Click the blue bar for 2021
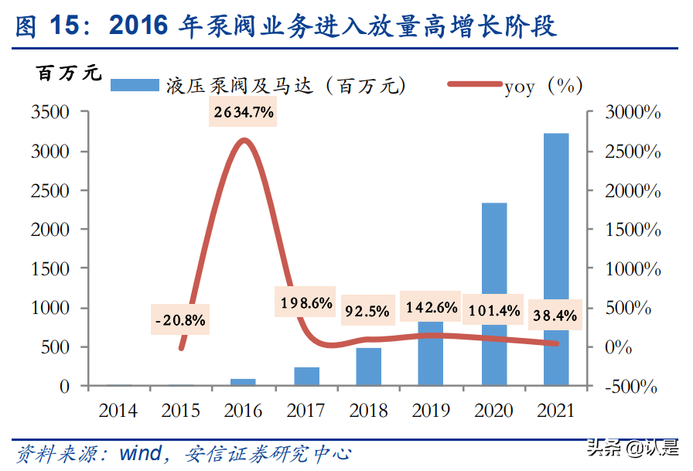click(x=556, y=259)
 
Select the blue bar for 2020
click(x=494, y=294)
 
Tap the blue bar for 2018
click(x=369, y=367)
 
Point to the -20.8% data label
click(x=180, y=319)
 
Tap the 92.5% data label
click(x=368, y=312)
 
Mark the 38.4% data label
click(x=555, y=316)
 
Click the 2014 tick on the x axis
click(x=118, y=411)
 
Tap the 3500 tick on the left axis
click(x=51, y=113)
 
